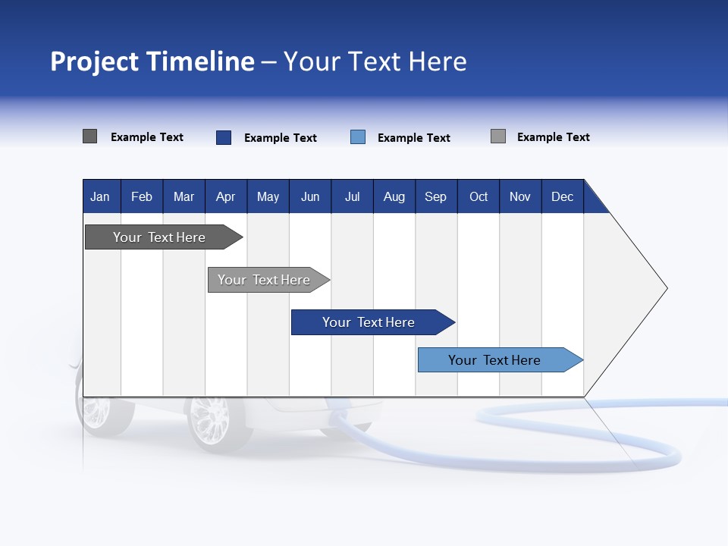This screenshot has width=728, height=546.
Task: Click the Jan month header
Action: pyautogui.click(x=100, y=196)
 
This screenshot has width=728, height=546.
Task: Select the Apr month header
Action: pyautogui.click(x=225, y=196)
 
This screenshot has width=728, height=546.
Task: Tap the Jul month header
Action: pyautogui.click(x=352, y=196)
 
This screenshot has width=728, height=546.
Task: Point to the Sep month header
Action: pyautogui.click(x=435, y=196)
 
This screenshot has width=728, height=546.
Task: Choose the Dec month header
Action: pyautogui.click(x=562, y=196)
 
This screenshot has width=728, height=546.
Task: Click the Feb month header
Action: pyautogui.click(x=142, y=196)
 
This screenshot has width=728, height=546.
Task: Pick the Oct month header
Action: pyautogui.click(x=479, y=196)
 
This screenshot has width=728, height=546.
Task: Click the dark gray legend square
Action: pyautogui.click(x=89, y=136)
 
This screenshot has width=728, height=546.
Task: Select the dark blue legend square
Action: pyautogui.click(x=224, y=137)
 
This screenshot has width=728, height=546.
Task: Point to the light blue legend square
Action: pyautogui.click(x=358, y=137)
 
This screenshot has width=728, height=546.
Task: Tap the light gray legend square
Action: pyautogui.click(x=498, y=136)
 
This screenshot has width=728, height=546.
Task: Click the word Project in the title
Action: pyautogui.click(x=95, y=61)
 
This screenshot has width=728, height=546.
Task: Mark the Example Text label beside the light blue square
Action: pyautogui.click(x=413, y=138)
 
